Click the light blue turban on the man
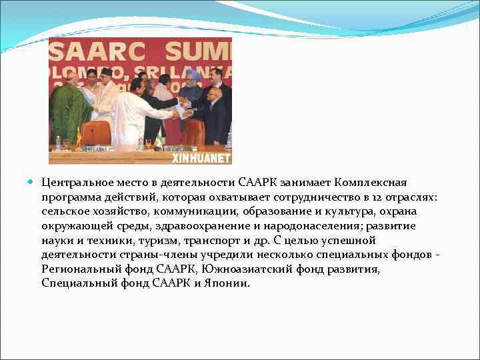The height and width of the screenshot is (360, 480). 192,74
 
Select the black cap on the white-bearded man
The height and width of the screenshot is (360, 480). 105,71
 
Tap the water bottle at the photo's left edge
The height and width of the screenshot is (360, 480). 58,143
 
